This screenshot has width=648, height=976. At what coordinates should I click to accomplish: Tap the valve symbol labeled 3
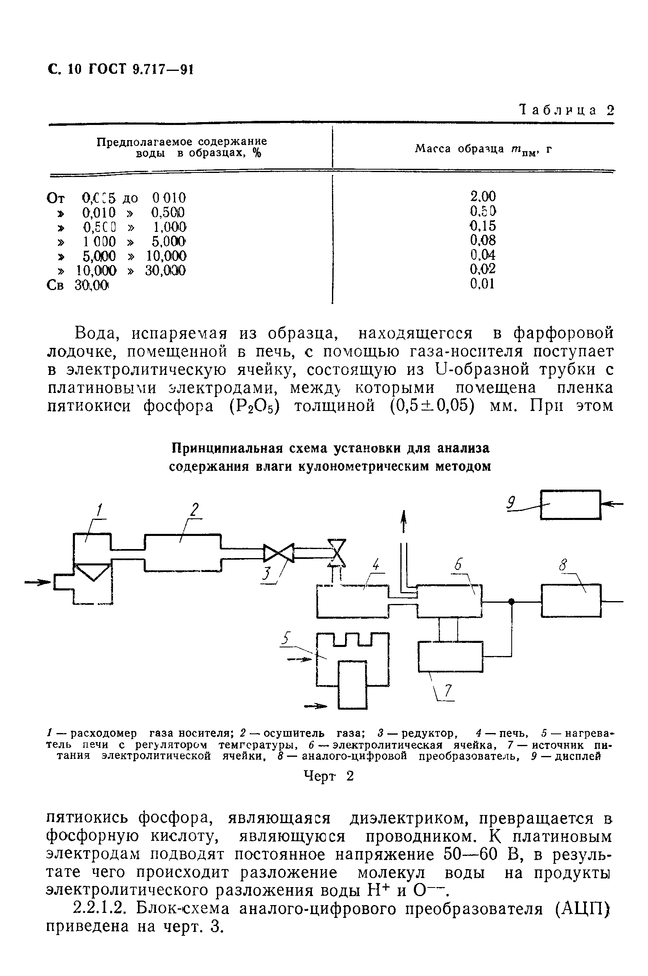(278, 553)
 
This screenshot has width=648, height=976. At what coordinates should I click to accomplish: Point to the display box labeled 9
(570, 504)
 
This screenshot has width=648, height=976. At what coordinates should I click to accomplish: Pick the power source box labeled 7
(450, 656)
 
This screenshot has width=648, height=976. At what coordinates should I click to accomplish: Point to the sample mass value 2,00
(483, 196)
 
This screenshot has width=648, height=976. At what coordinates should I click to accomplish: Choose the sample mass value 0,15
(483, 226)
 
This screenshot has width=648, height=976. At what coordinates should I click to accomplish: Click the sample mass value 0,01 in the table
(483, 284)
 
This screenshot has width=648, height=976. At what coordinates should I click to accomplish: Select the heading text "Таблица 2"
(567, 110)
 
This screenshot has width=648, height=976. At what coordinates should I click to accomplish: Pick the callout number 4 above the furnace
(375, 565)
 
